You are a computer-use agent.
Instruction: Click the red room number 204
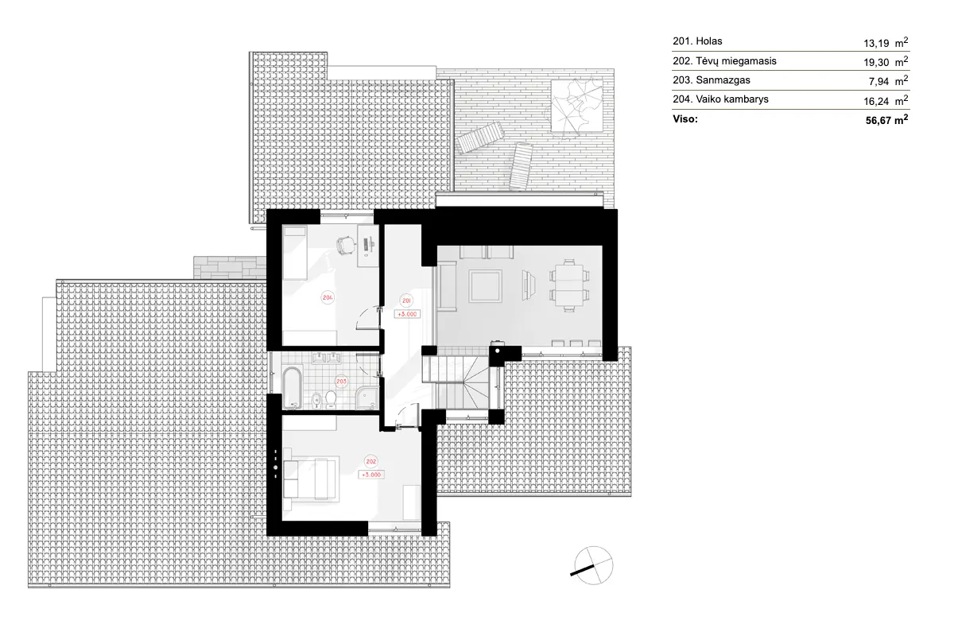[x=327, y=297]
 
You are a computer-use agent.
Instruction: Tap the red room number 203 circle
[x=341, y=382]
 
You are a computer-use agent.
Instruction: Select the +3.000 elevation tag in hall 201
[x=405, y=313]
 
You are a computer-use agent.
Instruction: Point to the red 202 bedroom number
[x=370, y=460]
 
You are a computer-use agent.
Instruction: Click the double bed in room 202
[x=312, y=478]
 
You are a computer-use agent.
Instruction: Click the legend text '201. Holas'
[x=697, y=41]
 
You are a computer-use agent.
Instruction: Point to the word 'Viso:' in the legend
[x=685, y=120]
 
